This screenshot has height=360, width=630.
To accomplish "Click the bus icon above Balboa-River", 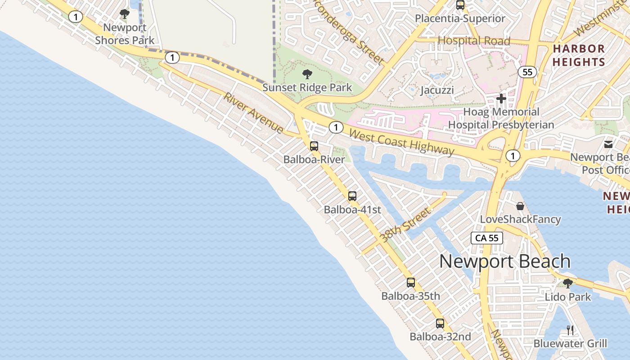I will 314,146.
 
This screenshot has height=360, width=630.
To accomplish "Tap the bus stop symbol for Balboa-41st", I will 352,196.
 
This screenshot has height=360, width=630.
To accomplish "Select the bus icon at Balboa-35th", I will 411,283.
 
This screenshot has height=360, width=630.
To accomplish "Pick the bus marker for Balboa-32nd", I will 440,324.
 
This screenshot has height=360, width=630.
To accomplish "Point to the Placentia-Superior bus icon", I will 460,5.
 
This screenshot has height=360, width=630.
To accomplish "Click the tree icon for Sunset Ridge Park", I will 307,74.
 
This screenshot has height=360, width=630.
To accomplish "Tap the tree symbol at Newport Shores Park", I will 125,14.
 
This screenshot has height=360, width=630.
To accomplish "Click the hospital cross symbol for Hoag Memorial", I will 501,99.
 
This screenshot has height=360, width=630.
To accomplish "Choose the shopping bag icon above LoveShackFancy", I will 520,206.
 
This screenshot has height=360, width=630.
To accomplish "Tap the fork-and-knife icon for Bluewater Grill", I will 570,330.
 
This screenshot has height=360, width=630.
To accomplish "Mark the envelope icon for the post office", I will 608,144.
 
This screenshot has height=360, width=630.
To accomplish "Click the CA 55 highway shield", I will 487,238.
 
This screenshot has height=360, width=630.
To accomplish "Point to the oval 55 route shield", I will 528,72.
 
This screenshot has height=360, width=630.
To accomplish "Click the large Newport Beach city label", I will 505,261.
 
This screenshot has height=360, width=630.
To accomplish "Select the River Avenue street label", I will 254,113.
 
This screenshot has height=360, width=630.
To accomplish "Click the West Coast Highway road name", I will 401,142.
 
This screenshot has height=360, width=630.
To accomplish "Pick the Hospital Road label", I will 474,41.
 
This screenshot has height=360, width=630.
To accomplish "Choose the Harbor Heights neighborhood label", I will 579,55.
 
